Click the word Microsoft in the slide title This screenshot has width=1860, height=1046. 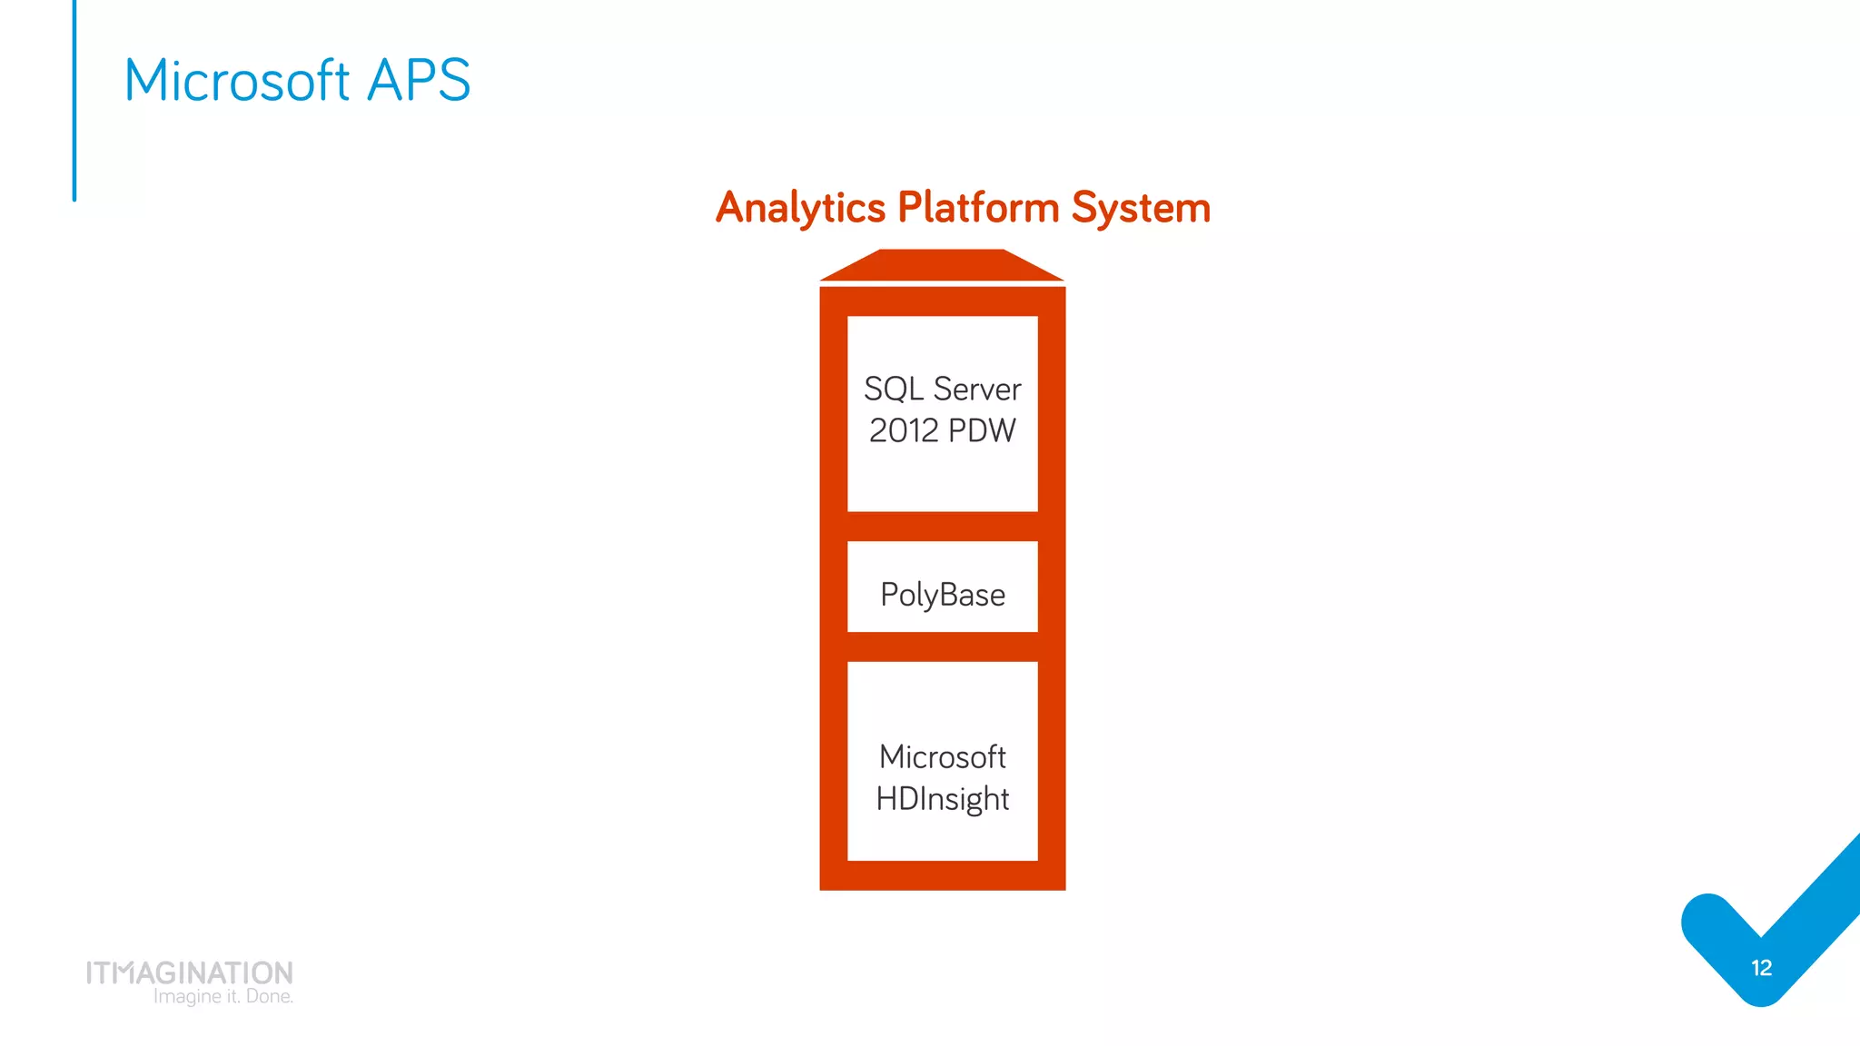[237, 80]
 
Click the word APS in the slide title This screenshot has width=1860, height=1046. [419, 80]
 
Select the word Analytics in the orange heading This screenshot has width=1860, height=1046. [800, 208]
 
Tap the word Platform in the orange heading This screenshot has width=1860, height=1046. [978, 208]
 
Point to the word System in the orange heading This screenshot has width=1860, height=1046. [1141, 208]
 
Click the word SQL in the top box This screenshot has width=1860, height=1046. [894, 389]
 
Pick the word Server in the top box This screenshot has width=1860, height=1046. [977, 389]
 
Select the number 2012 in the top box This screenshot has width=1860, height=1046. [904, 430]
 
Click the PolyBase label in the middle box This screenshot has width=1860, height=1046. [943, 595]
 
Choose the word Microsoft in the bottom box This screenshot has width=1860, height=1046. [943, 756]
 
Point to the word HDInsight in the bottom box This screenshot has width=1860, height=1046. [943, 799]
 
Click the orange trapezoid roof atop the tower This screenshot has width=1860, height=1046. [943, 265]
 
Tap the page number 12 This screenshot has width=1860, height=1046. [1761, 968]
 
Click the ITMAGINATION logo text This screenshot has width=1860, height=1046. [190, 972]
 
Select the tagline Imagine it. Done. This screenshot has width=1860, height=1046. [223, 997]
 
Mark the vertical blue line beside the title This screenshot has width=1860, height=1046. [74, 100]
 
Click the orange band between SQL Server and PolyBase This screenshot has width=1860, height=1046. [943, 527]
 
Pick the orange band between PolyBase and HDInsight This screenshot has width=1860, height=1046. [943, 646]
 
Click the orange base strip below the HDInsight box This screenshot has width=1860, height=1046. [943, 875]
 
